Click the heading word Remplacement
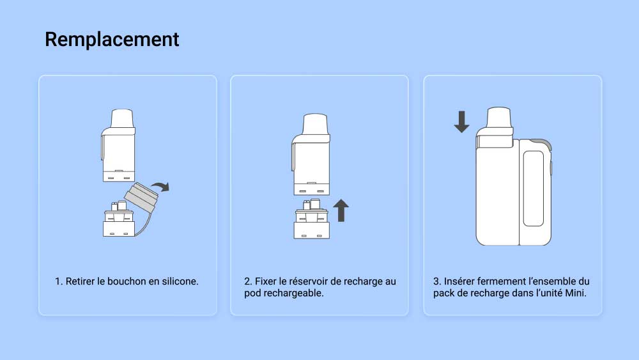click(112, 40)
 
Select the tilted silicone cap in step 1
click(141, 196)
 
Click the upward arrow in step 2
click(341, 210)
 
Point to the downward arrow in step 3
click(461, 121)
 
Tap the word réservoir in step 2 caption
click(308, 281)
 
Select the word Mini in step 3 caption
click(576, 293)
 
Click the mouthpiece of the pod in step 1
click(122, 119)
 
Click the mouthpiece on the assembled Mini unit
click(499, 118)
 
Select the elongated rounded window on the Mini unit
click(534, 188)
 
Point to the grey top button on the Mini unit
click(542, 143)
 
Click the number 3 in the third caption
click(437, 281)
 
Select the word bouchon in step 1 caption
click(127, 281)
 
